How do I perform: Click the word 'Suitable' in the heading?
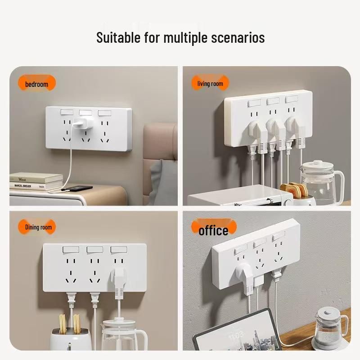point(118,37)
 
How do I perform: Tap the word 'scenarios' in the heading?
point(238,38)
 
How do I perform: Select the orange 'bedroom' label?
point(36,84)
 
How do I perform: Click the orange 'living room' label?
point(210,84)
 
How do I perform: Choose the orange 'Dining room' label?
point(38,227)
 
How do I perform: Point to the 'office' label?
point(213,230)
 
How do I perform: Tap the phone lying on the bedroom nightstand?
point(77,188)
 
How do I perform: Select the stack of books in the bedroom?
point(36,181)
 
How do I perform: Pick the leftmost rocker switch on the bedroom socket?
point(66,112)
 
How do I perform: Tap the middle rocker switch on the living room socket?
point(273,101)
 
